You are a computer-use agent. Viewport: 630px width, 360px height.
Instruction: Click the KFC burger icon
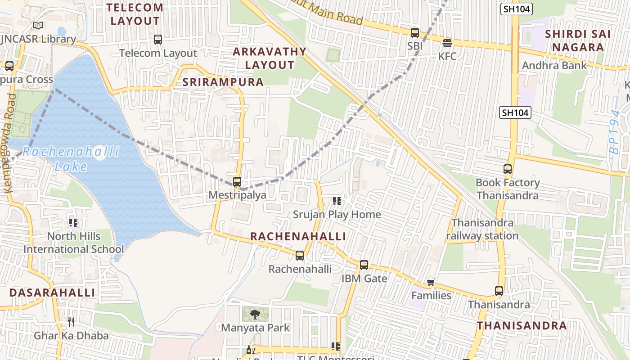point(447,43)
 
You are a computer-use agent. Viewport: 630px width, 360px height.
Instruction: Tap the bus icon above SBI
point(414,32)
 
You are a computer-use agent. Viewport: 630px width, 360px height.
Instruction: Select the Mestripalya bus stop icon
point(237,182)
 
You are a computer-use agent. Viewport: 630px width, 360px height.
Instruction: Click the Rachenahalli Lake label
point(71,159)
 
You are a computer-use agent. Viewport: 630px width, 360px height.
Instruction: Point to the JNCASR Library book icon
point(38,26)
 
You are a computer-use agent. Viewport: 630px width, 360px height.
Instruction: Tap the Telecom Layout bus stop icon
point(157,40)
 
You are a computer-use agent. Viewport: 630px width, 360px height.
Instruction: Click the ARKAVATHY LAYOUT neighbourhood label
point(269,58)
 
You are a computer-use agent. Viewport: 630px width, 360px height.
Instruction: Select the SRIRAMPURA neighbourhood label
point(223,82)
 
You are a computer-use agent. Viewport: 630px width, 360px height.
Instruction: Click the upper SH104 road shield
point(516,9)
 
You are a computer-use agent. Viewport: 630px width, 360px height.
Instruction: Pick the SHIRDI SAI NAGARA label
point(578,40)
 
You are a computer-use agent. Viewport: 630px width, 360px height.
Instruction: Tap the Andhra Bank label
point(554,66)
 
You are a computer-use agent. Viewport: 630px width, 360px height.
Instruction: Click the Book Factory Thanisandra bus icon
point(508,169)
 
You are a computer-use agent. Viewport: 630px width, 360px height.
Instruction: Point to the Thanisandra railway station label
point(482,229)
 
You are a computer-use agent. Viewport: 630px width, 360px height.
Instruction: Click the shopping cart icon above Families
point(431,282)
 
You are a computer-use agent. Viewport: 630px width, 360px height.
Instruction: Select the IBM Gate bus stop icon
point(364,265)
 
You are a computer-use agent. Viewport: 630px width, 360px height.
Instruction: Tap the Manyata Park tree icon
point(255,314)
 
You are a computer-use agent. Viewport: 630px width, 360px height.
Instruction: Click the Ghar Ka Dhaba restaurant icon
point(71,322)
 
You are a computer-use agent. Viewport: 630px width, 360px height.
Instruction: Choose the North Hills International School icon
point(73,222)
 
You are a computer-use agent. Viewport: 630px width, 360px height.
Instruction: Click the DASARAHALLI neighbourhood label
point(52,292)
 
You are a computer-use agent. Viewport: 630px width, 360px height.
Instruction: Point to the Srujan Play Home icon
point(337,201)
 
